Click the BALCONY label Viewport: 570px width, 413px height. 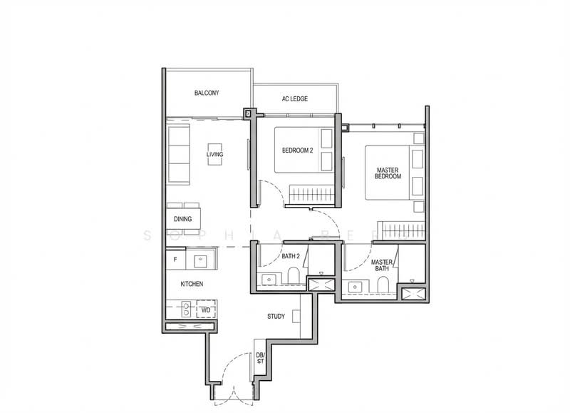pyautogui.click(x=207, y=93)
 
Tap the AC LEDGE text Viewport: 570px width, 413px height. pyautogui.click(x=294, y=98)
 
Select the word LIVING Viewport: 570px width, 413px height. pyautogui.click(x=214, y=154)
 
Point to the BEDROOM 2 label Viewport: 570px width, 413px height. pyautogui.click(x=298, y=151)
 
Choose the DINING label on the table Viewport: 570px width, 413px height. pyautogui.click(x=182, y=219)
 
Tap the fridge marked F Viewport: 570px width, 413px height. pyautogui.click(x=175, y=259)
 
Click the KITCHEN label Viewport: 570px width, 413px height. pyautogui.click(x=192, y=284)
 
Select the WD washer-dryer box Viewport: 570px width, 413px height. pyautogui.click(x=205, y=310)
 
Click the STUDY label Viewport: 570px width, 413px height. pyautogui.click(x=276, y=316)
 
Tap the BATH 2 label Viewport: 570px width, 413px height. pyautogui.click(x=292, y=255)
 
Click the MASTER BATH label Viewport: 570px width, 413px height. pyautogui.click(x=383, y=265)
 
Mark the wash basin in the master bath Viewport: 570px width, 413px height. pyautogui.click(x=356, y=287)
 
